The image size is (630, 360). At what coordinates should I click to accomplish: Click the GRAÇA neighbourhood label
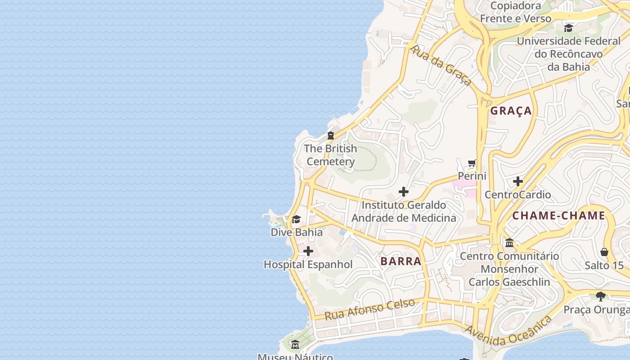[x=511, y=111]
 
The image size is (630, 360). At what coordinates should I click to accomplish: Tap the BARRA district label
[x=401, y=261]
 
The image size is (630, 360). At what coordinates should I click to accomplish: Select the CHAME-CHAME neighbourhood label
[x=558, y=216]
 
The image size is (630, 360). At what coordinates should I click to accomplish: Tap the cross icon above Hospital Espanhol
[x=308, y=251]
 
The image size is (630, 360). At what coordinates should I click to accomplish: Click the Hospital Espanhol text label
[x=308, y=265]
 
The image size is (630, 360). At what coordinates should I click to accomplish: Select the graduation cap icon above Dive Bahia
[x=296, y=220]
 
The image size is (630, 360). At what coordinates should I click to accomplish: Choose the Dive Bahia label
[x=297, y=232]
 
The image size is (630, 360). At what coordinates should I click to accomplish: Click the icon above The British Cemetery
[x=331, y=135]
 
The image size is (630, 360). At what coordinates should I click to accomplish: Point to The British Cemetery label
[x=331, y=155]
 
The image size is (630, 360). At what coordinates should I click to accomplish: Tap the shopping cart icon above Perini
[x=472, y=163]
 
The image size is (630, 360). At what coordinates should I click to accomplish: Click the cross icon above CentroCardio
[x=518, y=181]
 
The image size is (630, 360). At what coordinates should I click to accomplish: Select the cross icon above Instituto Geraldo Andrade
[x=404, y=192]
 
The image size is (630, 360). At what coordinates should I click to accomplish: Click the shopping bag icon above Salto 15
[x=604, y=252]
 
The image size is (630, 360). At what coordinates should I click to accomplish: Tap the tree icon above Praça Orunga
[x=600, y=296]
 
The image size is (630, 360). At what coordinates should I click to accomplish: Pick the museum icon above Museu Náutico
[x=295, y=345]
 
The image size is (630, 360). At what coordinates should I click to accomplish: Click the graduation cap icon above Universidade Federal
[x=568, y=28]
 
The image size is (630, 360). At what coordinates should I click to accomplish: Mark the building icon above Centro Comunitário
[x=509, y=243]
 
